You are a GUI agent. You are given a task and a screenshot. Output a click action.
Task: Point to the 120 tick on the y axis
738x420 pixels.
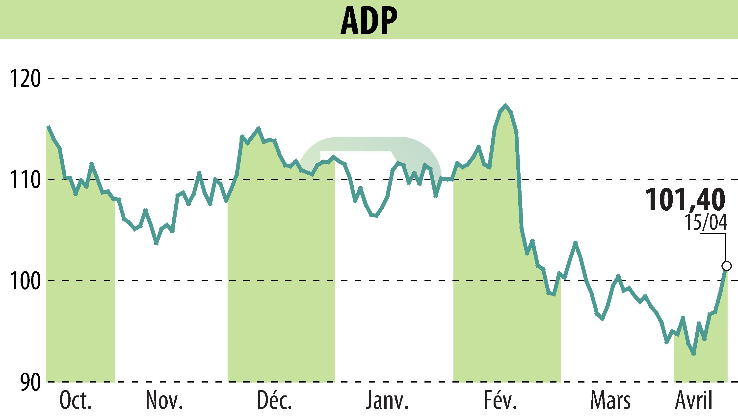25,78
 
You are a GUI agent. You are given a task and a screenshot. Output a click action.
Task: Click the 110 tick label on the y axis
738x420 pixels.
25,179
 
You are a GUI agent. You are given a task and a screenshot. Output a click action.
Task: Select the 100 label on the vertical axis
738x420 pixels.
25,281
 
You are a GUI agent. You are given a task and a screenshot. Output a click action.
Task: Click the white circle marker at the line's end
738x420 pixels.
726,266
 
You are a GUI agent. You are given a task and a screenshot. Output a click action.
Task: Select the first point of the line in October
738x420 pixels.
48,127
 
